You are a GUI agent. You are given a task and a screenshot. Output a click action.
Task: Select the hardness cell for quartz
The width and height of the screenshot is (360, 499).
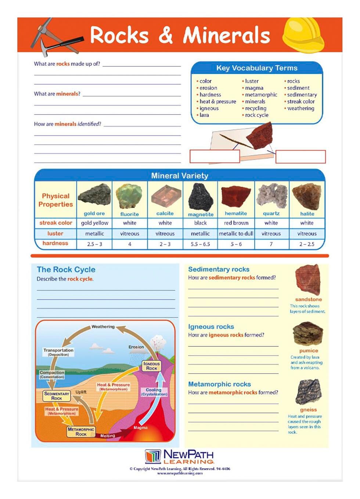pos(271,244)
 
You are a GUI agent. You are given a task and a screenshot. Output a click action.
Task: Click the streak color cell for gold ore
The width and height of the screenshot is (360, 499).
pos(94,223)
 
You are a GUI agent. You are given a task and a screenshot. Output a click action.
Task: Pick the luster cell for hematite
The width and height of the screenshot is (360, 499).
pos(236,233)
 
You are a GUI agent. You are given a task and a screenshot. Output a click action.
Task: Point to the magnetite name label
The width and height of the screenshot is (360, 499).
pos(201,214)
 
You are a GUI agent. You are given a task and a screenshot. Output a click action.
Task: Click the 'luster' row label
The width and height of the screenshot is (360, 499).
pos(55,233)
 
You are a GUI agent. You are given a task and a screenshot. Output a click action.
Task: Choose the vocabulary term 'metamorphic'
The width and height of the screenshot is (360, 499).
pos(261,94)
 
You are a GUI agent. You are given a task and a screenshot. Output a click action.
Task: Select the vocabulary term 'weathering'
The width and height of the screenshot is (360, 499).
pos(300,108)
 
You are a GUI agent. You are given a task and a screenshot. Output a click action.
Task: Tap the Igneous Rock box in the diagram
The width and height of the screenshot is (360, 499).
pos(151,366)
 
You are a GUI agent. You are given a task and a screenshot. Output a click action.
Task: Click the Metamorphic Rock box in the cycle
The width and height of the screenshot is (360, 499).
pos(81,431)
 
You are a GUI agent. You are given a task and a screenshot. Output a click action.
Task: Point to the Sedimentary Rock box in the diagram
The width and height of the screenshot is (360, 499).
pos(57,396)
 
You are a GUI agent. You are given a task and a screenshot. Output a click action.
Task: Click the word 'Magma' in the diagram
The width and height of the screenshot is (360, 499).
pos(140,427)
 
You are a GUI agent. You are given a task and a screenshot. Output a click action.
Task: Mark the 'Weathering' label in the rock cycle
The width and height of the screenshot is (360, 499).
pos(103,326)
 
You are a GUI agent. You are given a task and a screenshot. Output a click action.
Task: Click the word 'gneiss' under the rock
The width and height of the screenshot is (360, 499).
pos(308,409)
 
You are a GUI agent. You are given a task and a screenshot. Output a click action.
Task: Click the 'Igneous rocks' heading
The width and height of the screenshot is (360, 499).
pos(211,327)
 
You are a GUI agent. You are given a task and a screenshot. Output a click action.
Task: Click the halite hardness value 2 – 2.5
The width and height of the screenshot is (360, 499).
pos(307,244)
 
